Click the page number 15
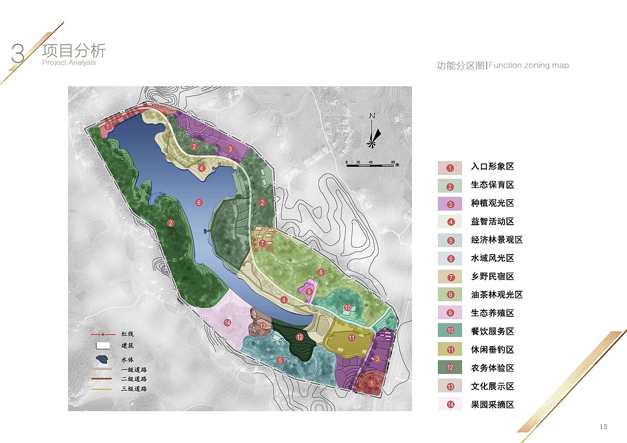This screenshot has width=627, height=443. coord(603,427)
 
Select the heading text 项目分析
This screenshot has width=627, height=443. coord(74,51)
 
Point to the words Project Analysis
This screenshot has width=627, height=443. coord(69,63)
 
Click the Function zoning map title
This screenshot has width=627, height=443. coord(503,66)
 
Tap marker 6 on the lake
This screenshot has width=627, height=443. coord(198,202)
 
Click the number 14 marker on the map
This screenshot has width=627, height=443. coord(227,322)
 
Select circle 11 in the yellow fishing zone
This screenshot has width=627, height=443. coord(351,338)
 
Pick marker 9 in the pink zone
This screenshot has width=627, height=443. coord(309,291)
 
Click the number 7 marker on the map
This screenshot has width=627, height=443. coord(263,243)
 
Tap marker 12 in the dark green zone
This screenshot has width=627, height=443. coord(300,337)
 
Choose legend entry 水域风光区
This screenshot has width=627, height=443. coord(492,258)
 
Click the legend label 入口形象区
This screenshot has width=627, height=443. coord(492,166)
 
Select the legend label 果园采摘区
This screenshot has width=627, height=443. coord(492,405)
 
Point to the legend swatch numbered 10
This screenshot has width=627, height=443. coord(450,331)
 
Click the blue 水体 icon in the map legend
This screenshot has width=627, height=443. coord(102,359)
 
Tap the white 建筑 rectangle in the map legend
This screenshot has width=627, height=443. coord(102,346)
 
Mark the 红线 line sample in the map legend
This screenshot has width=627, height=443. coord(102,334)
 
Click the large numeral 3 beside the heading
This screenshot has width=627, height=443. coord(18,54)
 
